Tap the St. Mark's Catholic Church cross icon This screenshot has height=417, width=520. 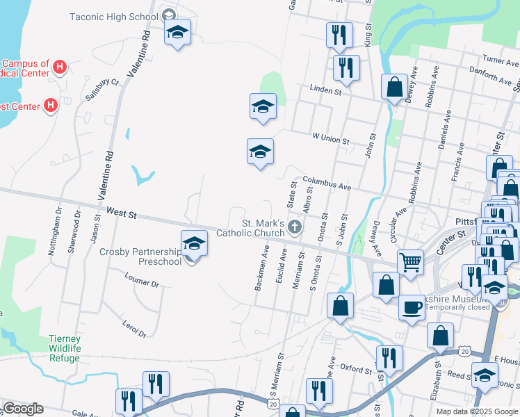coord(295,226)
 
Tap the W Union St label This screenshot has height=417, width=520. coord(330,140)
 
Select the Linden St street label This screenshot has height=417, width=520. coord(326,91)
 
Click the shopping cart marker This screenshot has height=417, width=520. coord(411,262)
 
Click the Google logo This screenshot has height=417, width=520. coord(23,409)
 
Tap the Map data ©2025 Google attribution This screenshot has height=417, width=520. coord(477,411)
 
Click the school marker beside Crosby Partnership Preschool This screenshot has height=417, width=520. coord(194,243)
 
